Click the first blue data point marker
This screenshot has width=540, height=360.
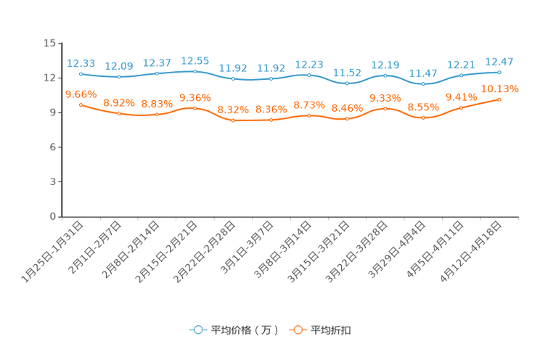coord(81,74)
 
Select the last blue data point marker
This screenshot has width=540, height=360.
coord(499,72)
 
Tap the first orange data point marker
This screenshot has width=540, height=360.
coord(81,105)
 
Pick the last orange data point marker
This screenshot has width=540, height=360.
coord(499,99)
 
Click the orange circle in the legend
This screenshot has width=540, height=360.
coord(298,330)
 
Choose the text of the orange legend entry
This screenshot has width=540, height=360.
coord(332,330)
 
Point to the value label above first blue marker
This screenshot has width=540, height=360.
coord(81,63)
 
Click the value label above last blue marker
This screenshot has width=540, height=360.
coord(499,61)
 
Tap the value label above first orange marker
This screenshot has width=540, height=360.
coord(81,94)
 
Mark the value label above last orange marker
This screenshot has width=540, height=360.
coord(500,89)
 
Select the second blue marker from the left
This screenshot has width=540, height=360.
coord(119,77)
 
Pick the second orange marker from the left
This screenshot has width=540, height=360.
coord(119,113)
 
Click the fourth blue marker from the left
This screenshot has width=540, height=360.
coord(195,71)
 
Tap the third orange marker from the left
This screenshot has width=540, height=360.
coord(157,115)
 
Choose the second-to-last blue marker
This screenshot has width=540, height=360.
coord(461,75)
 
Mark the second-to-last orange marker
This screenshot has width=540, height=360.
coord(461,108)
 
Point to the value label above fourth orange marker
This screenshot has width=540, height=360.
coord(195,97)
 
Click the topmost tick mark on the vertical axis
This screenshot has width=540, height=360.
coord(60,43)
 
